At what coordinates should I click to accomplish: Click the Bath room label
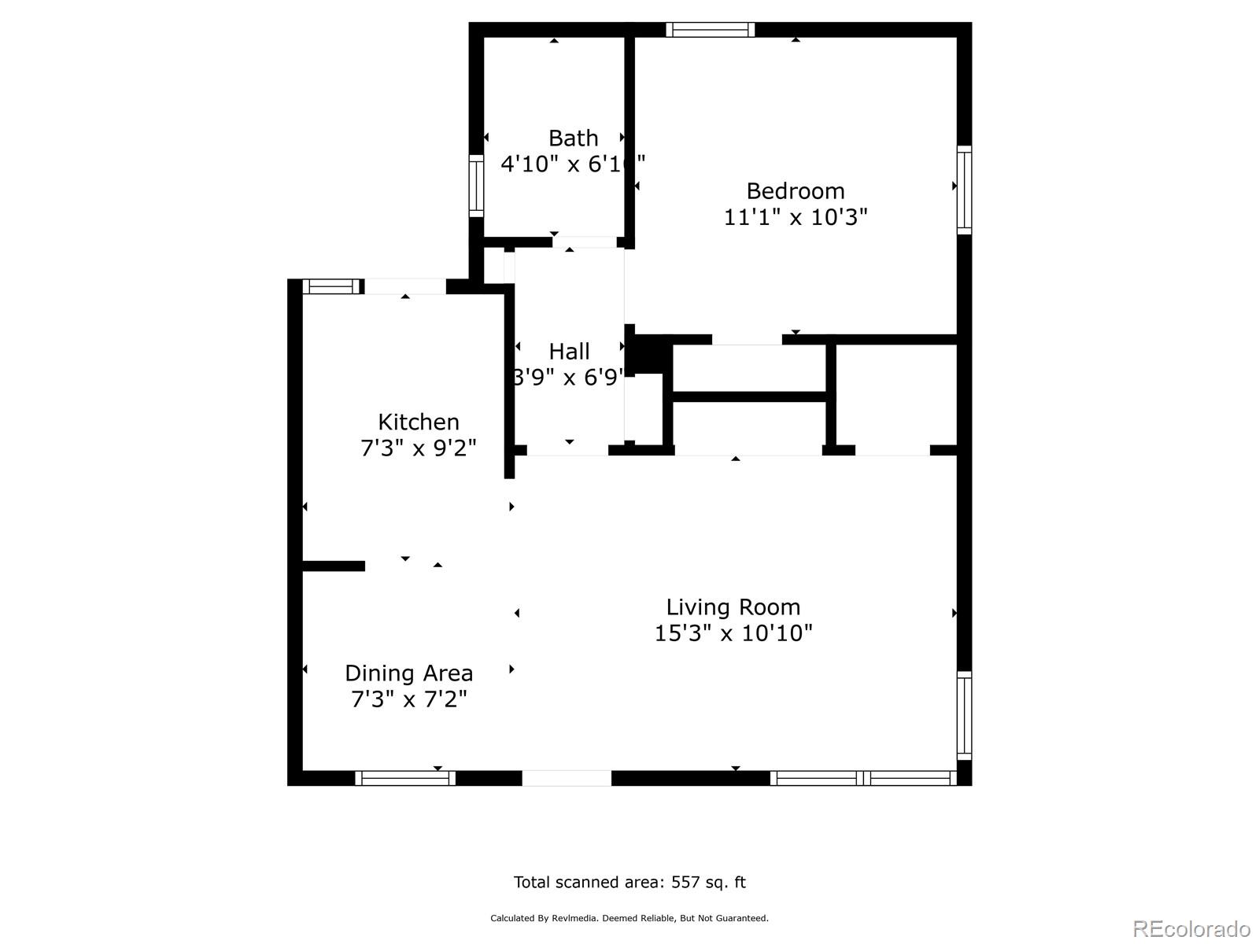click(x=573, y=138)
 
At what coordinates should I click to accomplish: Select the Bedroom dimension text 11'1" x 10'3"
click(x=795, y=217)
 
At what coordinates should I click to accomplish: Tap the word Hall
click(x=569, y=351)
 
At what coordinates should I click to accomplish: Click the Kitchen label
click(x=418, y=422)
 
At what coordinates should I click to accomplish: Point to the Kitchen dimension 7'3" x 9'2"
click(x=418, y=448)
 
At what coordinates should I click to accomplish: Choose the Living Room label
click(x=733, y=607)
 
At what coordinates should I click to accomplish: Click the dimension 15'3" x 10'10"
click(x=733, y=633)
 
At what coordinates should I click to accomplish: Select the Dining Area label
click(x=408, y=673)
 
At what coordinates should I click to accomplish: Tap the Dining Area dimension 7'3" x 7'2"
click(x=408, y=699)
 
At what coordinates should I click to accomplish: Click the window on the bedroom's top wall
click(x=710, y=30)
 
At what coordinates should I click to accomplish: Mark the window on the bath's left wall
click(x=476, y=186)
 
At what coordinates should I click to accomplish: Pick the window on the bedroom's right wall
click(x=964, y=190)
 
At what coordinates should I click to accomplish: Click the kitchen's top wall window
click(x=331, y=286)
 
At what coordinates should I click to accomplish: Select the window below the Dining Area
click(x=405, y=778)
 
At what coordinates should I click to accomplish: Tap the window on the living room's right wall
click(x=964, y=715)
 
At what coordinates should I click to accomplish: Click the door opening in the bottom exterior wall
click(x=567, y=778)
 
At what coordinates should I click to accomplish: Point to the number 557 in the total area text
click(x=685, y=883)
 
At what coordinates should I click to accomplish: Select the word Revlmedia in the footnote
click(x=576, y=918)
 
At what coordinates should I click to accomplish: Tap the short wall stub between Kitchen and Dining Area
click(x=334, y=566)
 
